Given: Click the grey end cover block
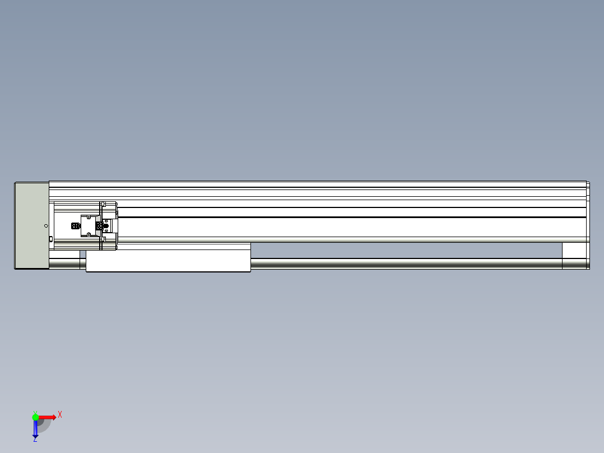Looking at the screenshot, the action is pyautogui.click(x=31, y=225).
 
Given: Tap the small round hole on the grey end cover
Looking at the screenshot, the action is pyautogui.click(x=46, y=226).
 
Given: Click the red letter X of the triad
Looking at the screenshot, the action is pyautogui.click(x=60, y=415).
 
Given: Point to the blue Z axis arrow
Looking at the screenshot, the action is pyautogui.click(x=35, y=428).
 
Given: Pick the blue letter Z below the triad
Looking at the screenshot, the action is pyautogui.click(x=35, y=439).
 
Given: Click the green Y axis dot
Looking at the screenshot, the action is pyautogui.click(x=35, y=417).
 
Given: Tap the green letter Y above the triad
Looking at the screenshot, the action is pyautogui.click(x=35, y=413).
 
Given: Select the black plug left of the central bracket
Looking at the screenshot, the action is pyautogui.click(x=76, y=226).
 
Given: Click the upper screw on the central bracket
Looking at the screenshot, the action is pyautogui.click(x=89, y=218).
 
